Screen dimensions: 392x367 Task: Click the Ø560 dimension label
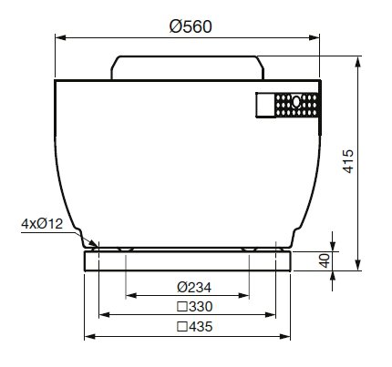191,26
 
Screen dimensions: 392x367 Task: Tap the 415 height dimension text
348,161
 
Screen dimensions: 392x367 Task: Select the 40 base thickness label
325,260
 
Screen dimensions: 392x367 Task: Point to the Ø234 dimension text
194,287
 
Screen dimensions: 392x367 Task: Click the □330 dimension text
195,307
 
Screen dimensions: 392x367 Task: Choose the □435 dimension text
195,327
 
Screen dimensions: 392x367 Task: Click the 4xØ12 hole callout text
42,224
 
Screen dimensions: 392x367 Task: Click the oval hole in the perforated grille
296,102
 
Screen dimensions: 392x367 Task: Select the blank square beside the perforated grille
266,105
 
